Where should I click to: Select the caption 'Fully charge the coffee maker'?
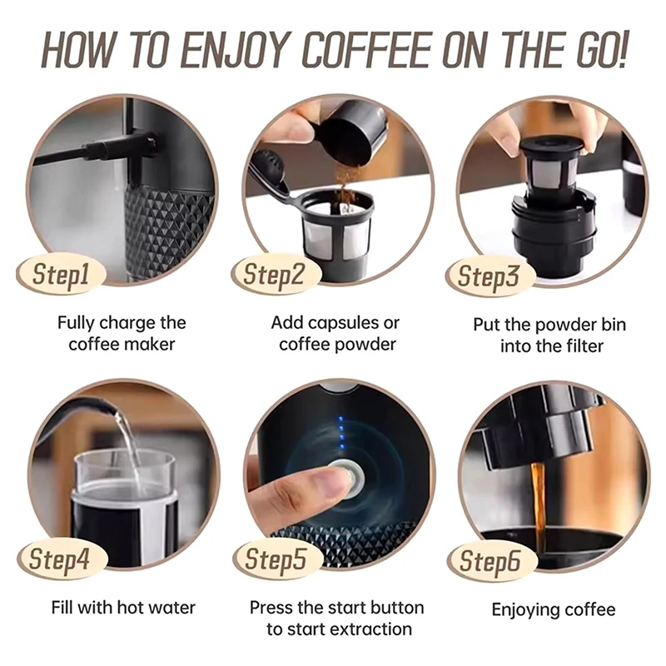pos(122,333)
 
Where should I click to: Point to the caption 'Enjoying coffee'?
pos(553,610)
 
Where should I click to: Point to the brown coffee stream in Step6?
pos(538,499)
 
